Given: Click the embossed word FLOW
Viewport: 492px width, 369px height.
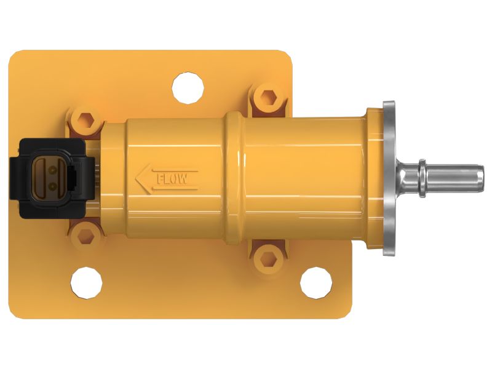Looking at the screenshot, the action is [x=172, y=179].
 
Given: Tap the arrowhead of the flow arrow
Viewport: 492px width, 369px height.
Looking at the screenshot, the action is [x=142, y=179].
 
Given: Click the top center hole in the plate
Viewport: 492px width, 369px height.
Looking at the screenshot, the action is [x=188, y=88].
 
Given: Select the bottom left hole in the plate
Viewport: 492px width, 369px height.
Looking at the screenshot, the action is [x=86, y=282].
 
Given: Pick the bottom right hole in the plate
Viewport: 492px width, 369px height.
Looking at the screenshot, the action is [x=316, y=283].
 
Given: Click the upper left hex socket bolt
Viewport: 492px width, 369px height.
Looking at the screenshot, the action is [x=85, y=121].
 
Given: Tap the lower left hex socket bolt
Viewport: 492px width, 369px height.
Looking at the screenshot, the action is [x=85, y=236].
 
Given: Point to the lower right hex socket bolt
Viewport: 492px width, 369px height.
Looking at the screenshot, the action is [x=268, y=259].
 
